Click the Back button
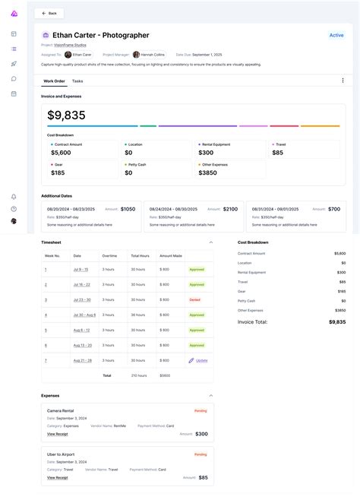click(x=49, y=13)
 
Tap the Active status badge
click(x=336, y=35)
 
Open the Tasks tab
click(x=77, y=81)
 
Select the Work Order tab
click(x=54, y=81)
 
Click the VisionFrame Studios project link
click(x=69, y=45)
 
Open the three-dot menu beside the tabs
click(x=343, y=81)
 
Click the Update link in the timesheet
click(x=201, y=360)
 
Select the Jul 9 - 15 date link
click(x=81, y=269)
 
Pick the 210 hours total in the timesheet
click(x=139, y=375)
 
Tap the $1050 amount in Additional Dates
click(x=128, y=209)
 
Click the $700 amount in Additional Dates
click(x=334, y=209)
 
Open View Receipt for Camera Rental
click(x=57, y=434)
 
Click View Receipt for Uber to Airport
click(x=57, y=477)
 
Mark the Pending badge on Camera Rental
click(x=201, y=410)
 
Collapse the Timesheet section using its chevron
click(x=210, y=242)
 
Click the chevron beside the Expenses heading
click(x=210, y=395)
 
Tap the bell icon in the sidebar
click(x=14, y=197)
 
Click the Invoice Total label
click(x=253, y=321)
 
